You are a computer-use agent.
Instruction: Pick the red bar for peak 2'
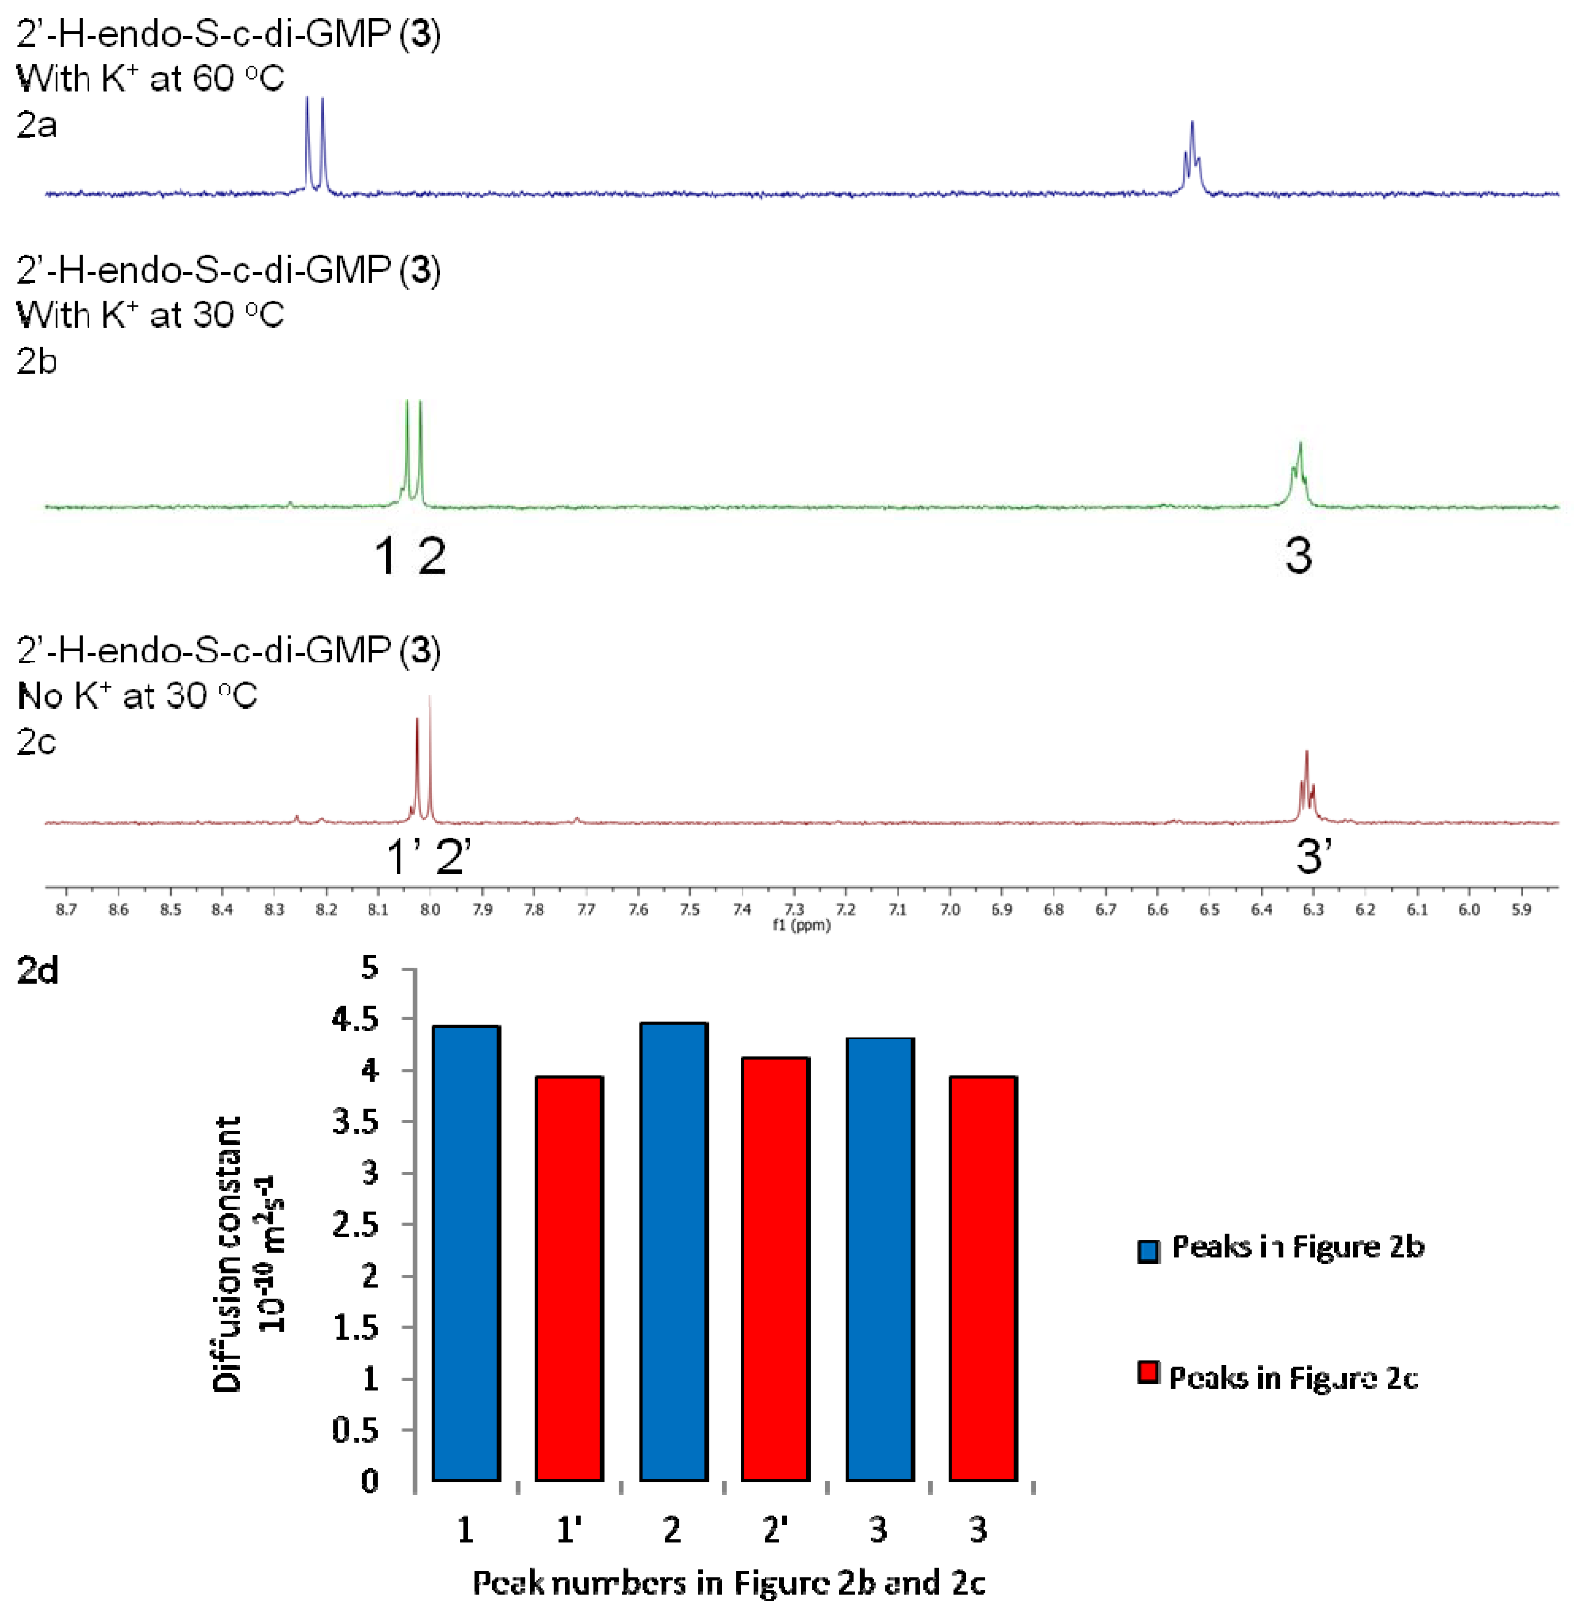775,1268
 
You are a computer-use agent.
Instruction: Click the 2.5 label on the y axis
355,1224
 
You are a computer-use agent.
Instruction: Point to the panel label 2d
37,970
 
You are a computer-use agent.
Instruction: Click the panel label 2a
37,125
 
